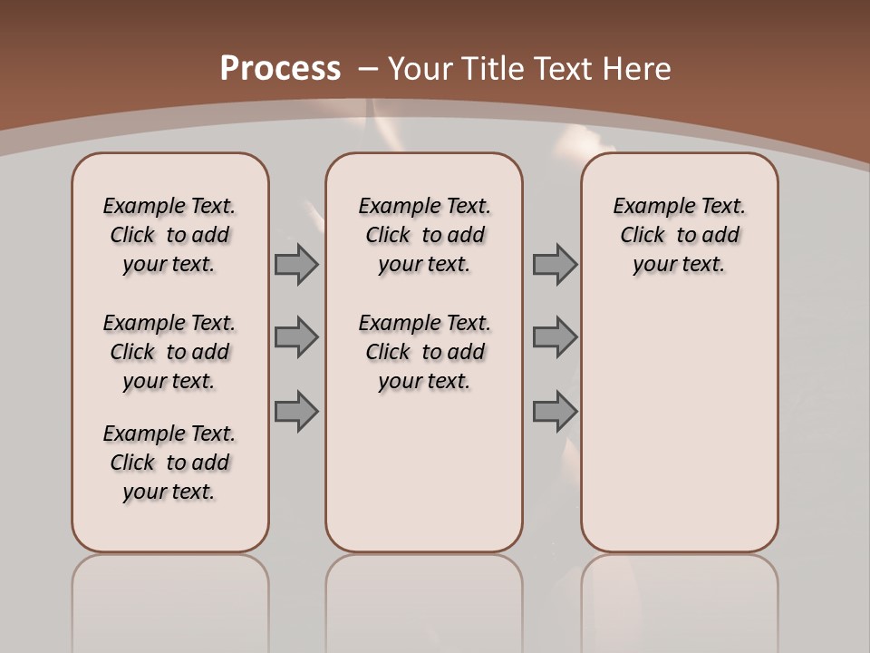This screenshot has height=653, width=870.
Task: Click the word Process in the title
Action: [x=280, y=68]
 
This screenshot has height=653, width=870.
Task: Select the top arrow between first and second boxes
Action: [x=296, y=264]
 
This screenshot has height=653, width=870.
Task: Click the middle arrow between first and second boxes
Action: [x=296, y=337]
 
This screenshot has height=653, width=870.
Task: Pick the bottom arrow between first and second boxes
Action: [x=296, y=412]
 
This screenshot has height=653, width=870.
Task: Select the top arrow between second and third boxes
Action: [x=555, y=264]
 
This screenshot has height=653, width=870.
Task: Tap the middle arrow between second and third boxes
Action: [x=555, y=337]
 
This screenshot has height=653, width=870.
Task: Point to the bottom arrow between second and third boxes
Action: [x=555, y=412]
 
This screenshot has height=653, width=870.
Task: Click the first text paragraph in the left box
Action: [x=169, y=235]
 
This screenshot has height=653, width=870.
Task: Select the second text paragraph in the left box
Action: [x=169, y=352]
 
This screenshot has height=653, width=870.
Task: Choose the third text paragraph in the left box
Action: [x=169, y=463]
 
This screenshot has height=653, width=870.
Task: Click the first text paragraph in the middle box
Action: [x=424, y=235]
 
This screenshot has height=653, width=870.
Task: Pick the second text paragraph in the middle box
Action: [x=424, y=352]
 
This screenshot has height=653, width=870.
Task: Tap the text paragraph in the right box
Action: [x=680, y=235]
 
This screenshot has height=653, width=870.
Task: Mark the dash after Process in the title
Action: [x=369, y=68]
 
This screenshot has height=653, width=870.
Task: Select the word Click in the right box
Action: [x=643, y=236]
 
